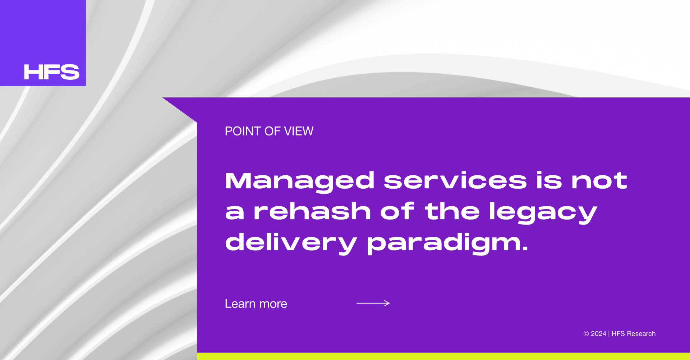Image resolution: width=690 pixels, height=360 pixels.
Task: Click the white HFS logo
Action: (x=51, y=72)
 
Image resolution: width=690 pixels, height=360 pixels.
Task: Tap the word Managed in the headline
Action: (x=300, y=181)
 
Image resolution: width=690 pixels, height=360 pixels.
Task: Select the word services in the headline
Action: (x=455, y=181)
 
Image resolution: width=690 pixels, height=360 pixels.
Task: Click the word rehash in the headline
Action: (x=312, y=211)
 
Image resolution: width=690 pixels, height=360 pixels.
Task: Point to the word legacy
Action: (x=543, y=212)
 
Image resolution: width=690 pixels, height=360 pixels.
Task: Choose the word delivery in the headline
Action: (x=291, y=243)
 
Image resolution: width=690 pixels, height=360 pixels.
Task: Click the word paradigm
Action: (x=445, y=243)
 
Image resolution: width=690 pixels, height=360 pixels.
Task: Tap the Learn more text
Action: (x=256, y=304)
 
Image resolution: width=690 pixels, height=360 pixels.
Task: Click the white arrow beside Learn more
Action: (x=373, y=303)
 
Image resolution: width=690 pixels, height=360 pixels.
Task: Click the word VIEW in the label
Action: (x=299, y=131)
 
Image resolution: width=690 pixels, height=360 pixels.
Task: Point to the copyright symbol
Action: (x=586, y=334)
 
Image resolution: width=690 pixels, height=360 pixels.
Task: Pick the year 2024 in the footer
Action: (x=598, y=334)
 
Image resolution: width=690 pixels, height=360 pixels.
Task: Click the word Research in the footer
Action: (x=641, y=334)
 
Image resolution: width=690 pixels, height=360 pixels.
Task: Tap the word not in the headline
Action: (x=599, y=181)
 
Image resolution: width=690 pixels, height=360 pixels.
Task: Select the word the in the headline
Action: (x=452, y=211)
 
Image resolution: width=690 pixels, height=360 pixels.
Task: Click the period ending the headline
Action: (x=525, y=249)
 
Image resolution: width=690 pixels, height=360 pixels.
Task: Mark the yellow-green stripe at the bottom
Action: (x=443, y=356)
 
